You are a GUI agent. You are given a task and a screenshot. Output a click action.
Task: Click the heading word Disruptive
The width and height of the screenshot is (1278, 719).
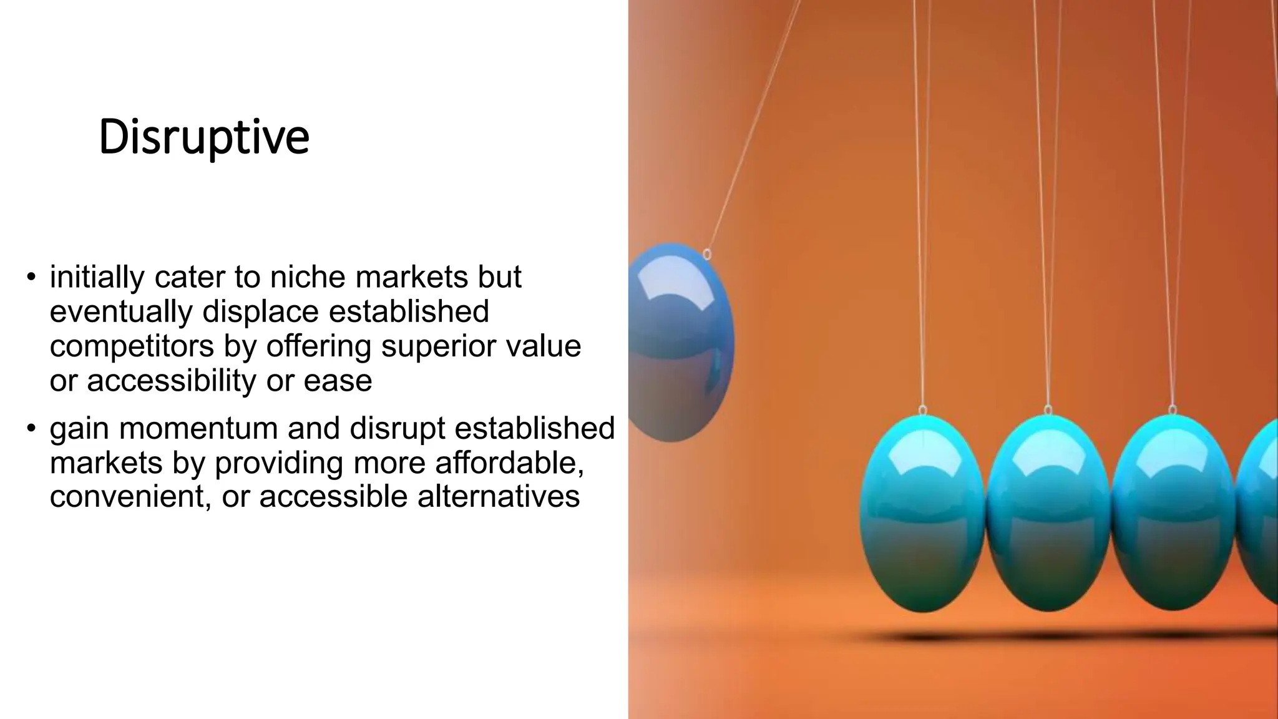(x=203, y=137)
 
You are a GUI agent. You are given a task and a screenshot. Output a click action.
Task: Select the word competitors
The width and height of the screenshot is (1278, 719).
(x=132, y=346)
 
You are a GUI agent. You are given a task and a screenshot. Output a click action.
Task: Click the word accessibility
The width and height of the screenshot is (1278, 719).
(x=172, y=380)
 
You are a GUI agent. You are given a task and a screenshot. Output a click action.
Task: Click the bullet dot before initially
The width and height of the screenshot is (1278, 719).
(x=31, y=276)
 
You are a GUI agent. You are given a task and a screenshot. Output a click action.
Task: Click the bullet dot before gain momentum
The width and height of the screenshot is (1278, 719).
(x=31, y=428)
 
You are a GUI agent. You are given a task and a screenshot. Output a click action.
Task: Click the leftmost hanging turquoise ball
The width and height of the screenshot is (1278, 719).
(x=922, y=512)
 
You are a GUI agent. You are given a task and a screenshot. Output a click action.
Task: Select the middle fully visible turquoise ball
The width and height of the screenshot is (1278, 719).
(x=1048, y=512)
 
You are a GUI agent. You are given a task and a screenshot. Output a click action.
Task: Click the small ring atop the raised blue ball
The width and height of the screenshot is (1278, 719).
(x=707, y=254)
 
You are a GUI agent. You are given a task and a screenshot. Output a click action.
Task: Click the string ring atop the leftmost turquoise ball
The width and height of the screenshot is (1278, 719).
(x=923, y=410)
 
